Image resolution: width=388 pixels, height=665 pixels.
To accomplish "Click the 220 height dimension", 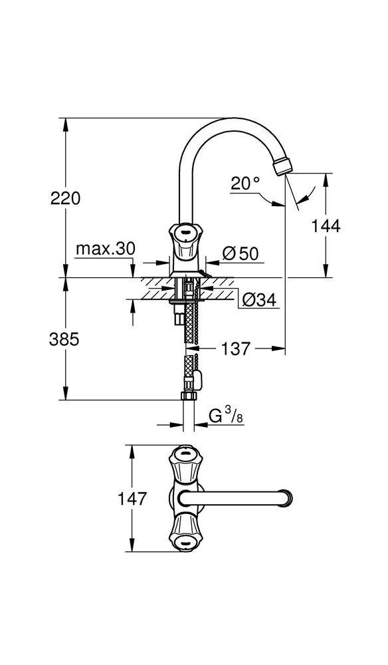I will [65, 198].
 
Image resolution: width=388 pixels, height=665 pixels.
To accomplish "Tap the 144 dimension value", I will [326, 226].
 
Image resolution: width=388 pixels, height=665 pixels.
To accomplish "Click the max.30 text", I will [105, 249].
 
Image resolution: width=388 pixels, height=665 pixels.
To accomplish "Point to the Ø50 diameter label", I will [240, 253].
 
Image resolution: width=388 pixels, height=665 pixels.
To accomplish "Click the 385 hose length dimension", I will [65, 339].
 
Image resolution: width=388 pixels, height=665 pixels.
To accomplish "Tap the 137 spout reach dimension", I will [235, 348].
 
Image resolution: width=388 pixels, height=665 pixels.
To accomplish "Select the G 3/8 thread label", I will [223, 417].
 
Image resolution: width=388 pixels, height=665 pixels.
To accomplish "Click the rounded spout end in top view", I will [287, 497].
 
